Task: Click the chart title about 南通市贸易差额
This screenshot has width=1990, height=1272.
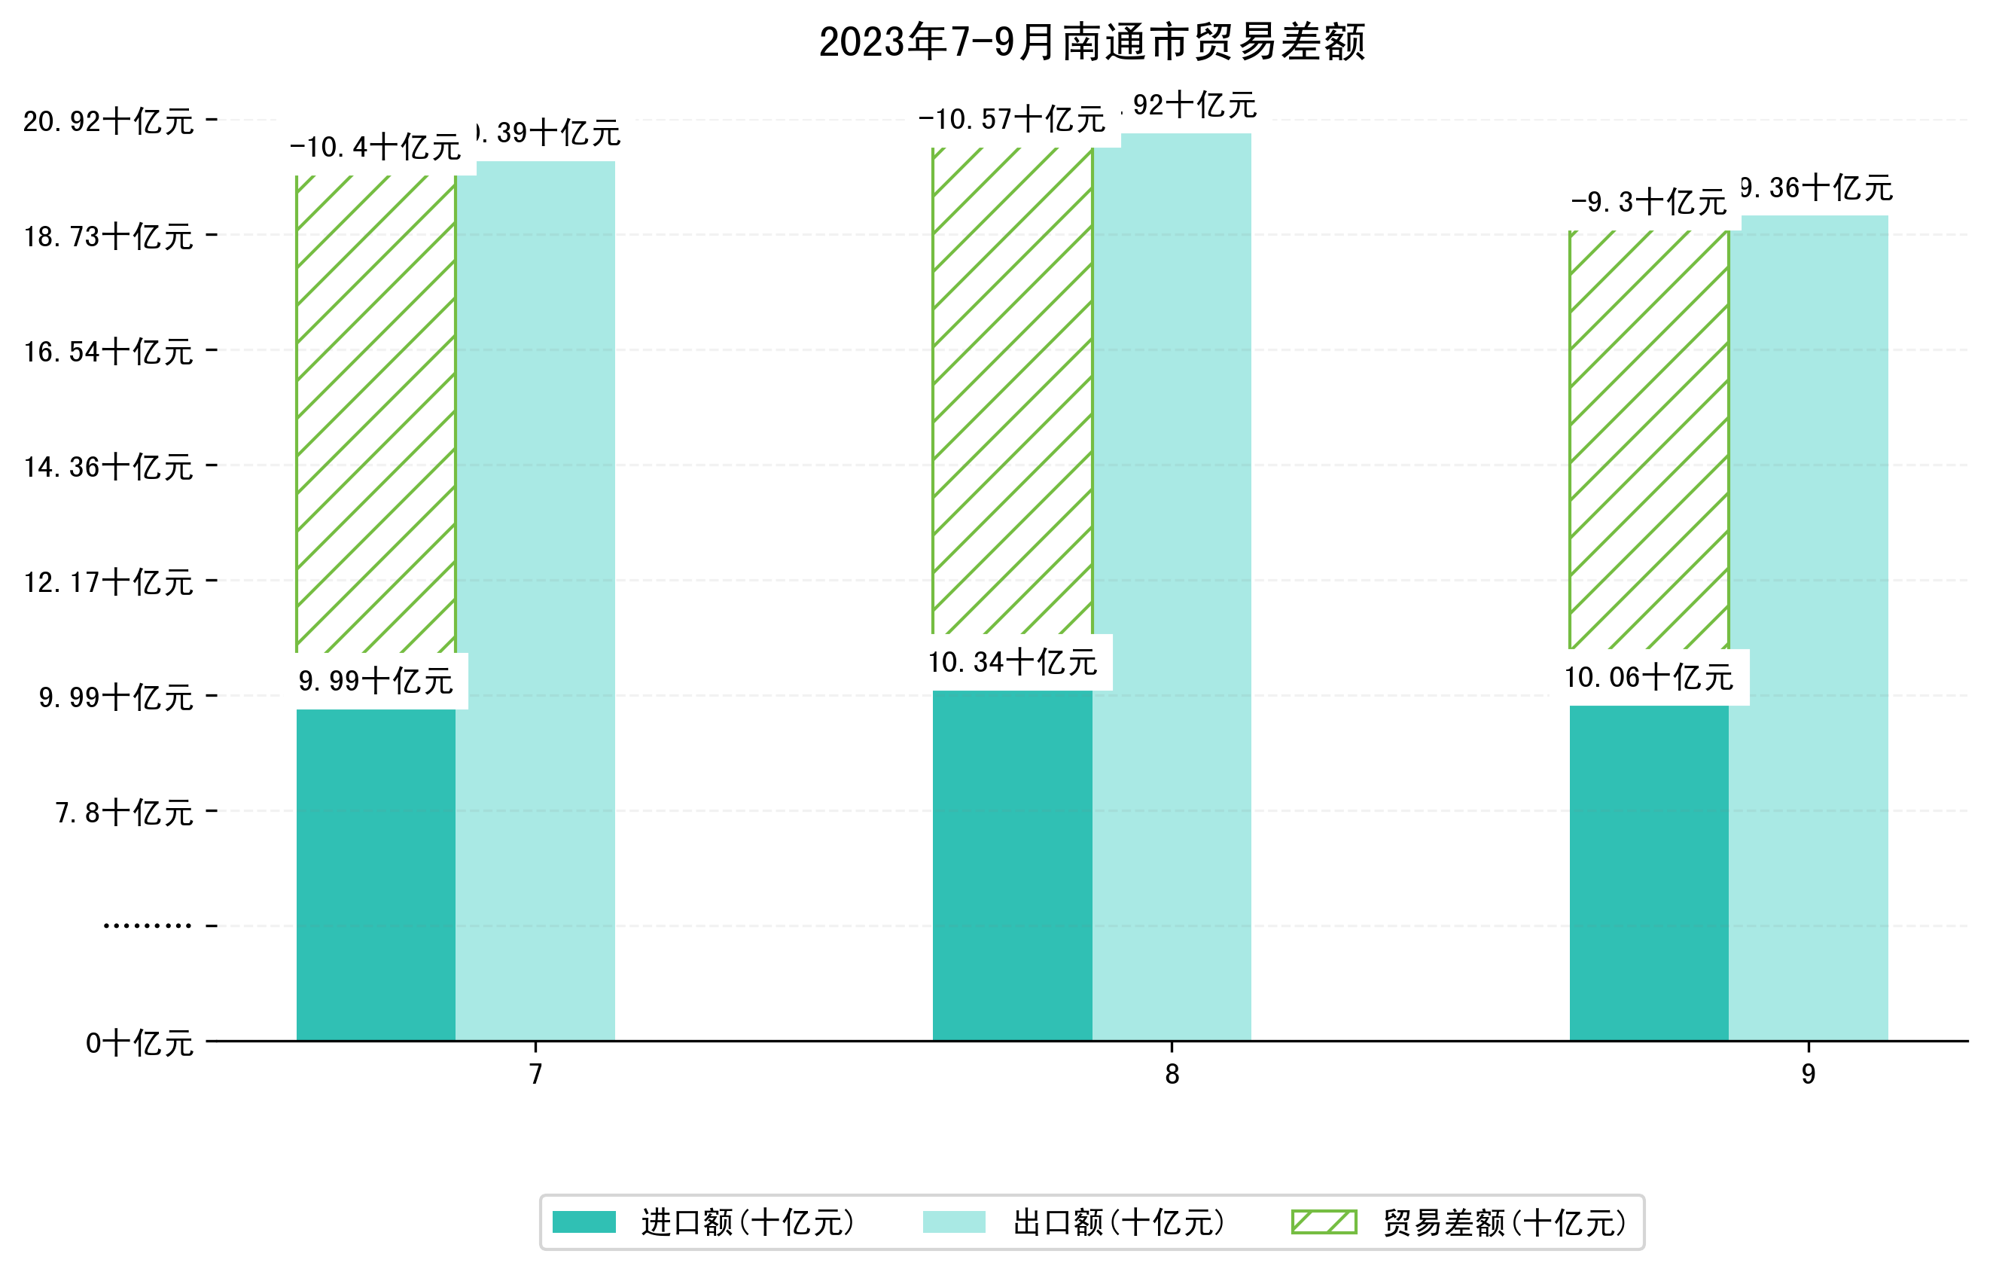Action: tap(1092, 43)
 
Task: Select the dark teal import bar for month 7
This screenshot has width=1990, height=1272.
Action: tap(376, 874)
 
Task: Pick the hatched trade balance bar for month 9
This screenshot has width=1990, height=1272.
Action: tap(1649, 438)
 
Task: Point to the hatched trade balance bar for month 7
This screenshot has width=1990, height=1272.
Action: tap(376, 413)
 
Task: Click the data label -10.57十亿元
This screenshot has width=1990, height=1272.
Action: tap(1011, 120)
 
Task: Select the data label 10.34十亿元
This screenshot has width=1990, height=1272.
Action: tap(1013, 663)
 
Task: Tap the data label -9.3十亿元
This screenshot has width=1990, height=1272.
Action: tap(1649, 203)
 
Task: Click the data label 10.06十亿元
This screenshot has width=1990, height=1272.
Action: tap(1649, 678)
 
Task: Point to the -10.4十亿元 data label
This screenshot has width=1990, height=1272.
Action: tap(376, 148)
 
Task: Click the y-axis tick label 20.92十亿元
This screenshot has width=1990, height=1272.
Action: tap(108, 122)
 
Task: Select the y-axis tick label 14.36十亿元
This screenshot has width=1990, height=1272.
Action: tap(108, 468)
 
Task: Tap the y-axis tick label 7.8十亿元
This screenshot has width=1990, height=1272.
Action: tap(125, 813)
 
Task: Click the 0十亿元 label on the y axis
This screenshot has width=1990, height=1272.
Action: tap(139, 1043)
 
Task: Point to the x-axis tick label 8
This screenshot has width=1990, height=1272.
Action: tap(1172, 1075)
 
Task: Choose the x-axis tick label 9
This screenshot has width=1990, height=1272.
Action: tap(1809, 1075)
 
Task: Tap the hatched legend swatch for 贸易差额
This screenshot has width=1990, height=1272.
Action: tap(1324, 1222)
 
